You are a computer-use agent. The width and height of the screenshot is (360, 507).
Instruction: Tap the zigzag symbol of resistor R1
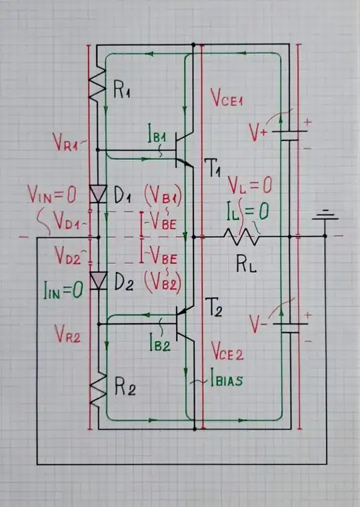(x=98, y=83)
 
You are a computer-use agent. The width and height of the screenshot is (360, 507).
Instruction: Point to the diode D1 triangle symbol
(x=98, y=194)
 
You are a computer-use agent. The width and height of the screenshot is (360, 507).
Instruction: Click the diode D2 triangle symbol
(x=98, y=280)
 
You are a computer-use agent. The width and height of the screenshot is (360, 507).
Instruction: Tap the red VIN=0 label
(x=53, y=195)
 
